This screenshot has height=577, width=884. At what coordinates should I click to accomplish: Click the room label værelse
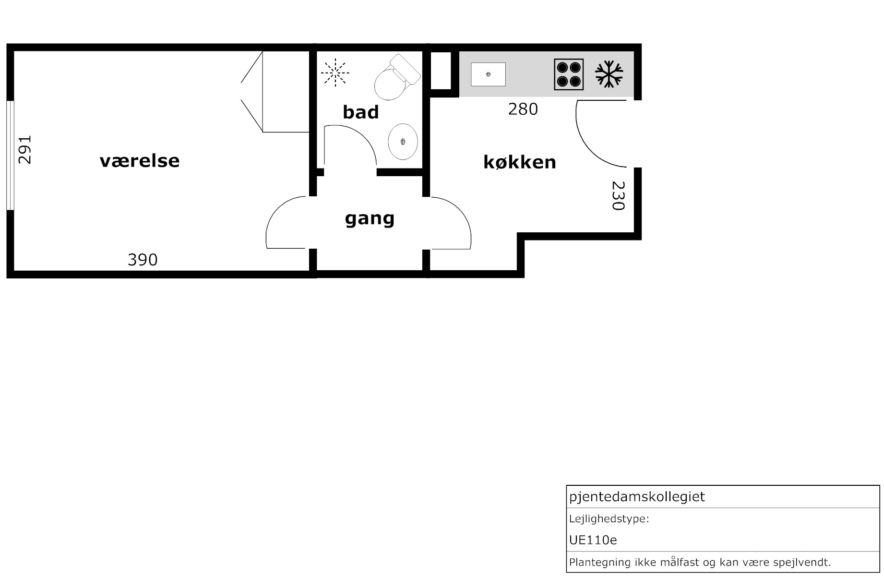point(140,161)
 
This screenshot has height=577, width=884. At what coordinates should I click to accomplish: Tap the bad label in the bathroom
point(361,112)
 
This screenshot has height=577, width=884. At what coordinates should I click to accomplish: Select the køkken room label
point(520,162)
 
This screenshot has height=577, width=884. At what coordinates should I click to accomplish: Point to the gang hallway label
point(370,218)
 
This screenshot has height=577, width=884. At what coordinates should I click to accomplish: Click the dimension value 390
point(143,260)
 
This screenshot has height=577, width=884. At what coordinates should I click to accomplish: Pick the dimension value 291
point(24,150)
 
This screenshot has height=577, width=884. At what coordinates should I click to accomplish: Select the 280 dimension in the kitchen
point(523,109)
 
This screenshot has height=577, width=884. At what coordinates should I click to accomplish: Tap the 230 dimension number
point(618,195)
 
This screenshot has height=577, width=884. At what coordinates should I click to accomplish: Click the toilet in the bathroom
point(396,77)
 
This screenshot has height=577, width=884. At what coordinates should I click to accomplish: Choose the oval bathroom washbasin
point(403,142)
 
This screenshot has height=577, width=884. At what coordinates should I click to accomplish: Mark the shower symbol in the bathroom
point(335,73)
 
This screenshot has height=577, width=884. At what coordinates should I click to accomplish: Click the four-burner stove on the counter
point(569,74)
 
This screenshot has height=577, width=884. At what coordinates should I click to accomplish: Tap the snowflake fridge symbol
point(609,74)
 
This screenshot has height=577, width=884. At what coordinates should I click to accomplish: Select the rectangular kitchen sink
point(488,74)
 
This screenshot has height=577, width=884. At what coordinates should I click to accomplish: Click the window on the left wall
point(10,155)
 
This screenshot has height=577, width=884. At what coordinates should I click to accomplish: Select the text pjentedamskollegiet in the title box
point(637,496)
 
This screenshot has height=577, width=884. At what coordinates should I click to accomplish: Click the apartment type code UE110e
point(593,540)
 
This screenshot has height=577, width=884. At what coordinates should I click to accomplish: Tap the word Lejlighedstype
point(609,519)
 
